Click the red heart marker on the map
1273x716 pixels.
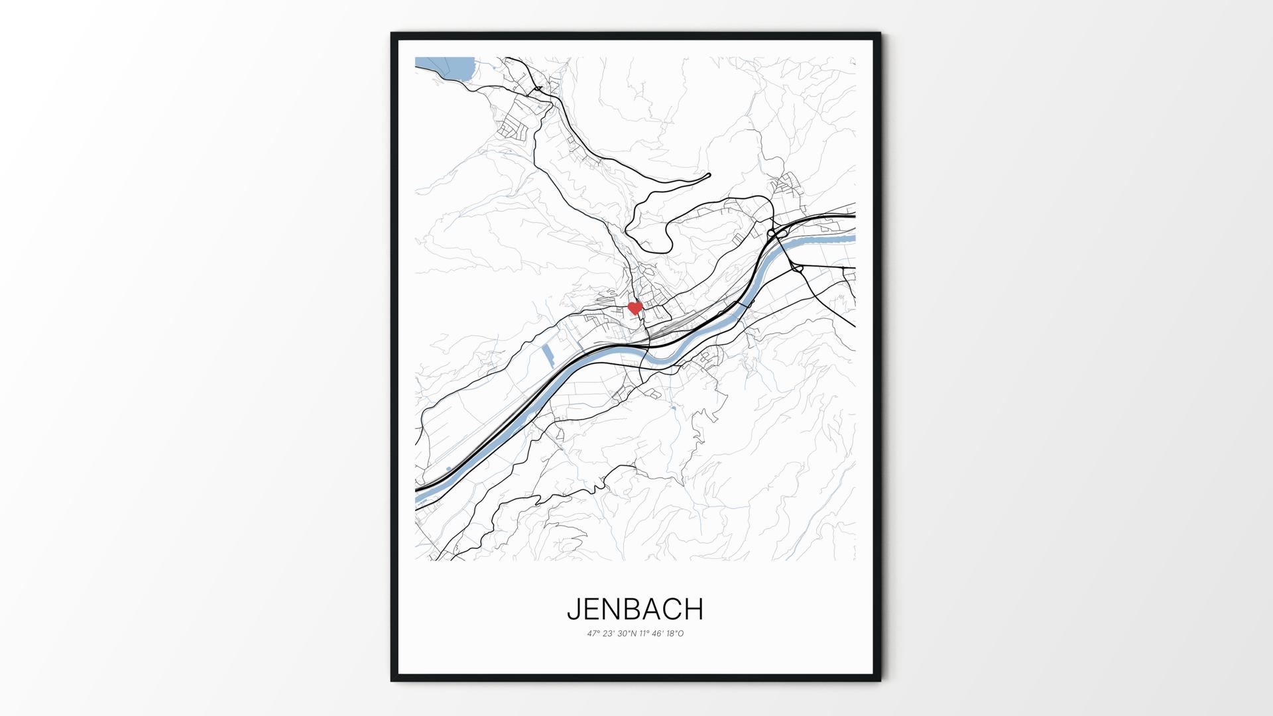tap(635, 308)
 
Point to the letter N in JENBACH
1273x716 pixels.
tap(613, 609)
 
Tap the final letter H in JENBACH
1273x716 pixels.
tap(695, 609)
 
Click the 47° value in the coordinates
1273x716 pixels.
tap(593, 634)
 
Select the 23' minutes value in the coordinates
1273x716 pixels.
tap(608, 634)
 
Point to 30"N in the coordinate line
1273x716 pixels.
tap(627, 634)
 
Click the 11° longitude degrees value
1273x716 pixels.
tap(645, 634)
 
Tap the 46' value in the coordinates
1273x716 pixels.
tap(658, 634)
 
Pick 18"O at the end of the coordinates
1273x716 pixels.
tap(675, 634)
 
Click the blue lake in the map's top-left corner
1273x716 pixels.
tap(451, 68)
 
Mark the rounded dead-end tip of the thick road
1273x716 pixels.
tap(707, 176)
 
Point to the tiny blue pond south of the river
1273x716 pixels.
tap(674, 408)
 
